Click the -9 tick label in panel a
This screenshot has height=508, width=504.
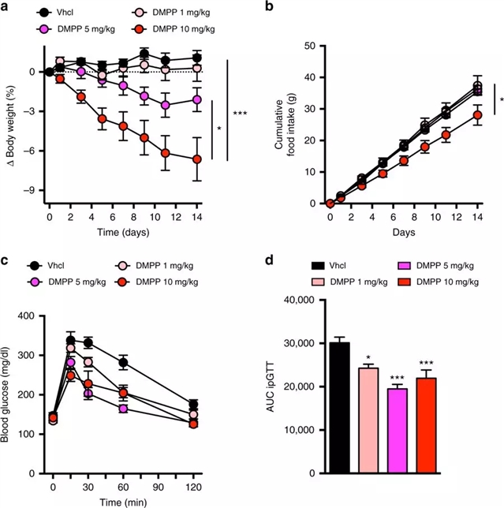point(30,190)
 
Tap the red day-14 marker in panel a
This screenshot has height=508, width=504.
point(196,159)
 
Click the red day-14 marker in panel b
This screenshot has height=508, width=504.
point(477,115)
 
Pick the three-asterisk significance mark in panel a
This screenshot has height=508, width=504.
point(240,92)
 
